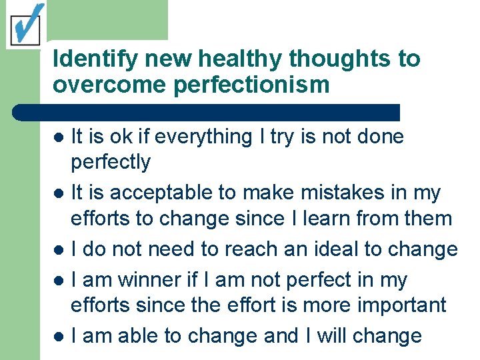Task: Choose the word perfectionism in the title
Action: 241,85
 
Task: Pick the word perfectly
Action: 111,162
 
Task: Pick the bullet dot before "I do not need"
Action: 59,251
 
